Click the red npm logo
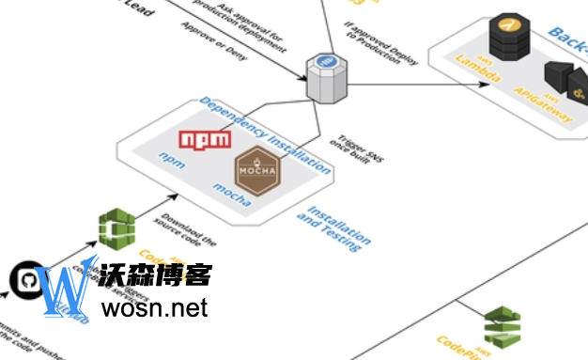[x=206, y=140]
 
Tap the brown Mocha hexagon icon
[x=256, y=171]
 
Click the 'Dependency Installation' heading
[x=265, y=135]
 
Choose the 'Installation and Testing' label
[x=331, y=227]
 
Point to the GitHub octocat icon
[x=26, y=280]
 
